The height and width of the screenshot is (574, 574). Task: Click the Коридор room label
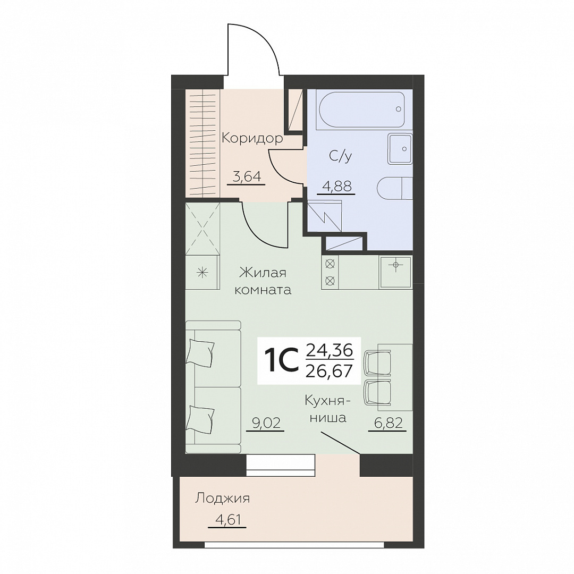pos(252,139)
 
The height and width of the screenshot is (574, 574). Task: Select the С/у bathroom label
pos(341,156)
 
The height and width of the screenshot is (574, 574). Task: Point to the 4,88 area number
pos(336,186)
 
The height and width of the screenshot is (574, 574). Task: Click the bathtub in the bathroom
pos(362,109)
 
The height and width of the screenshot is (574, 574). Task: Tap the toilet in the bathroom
pos(394,189)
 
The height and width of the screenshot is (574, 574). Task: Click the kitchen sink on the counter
pos(395,271)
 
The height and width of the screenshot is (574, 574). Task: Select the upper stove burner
pos(330,263)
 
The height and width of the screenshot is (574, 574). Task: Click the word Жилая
pos(263,273)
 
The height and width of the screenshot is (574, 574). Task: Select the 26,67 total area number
pos(329,371)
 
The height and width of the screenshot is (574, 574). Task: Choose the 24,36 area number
pos(329,351)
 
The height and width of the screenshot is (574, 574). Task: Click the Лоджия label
pos(223,499)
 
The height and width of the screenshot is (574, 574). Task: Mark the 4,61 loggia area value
pos(226,519)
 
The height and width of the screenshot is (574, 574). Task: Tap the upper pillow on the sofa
pos(200,351)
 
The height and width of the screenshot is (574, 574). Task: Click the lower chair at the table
pos(377,393)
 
